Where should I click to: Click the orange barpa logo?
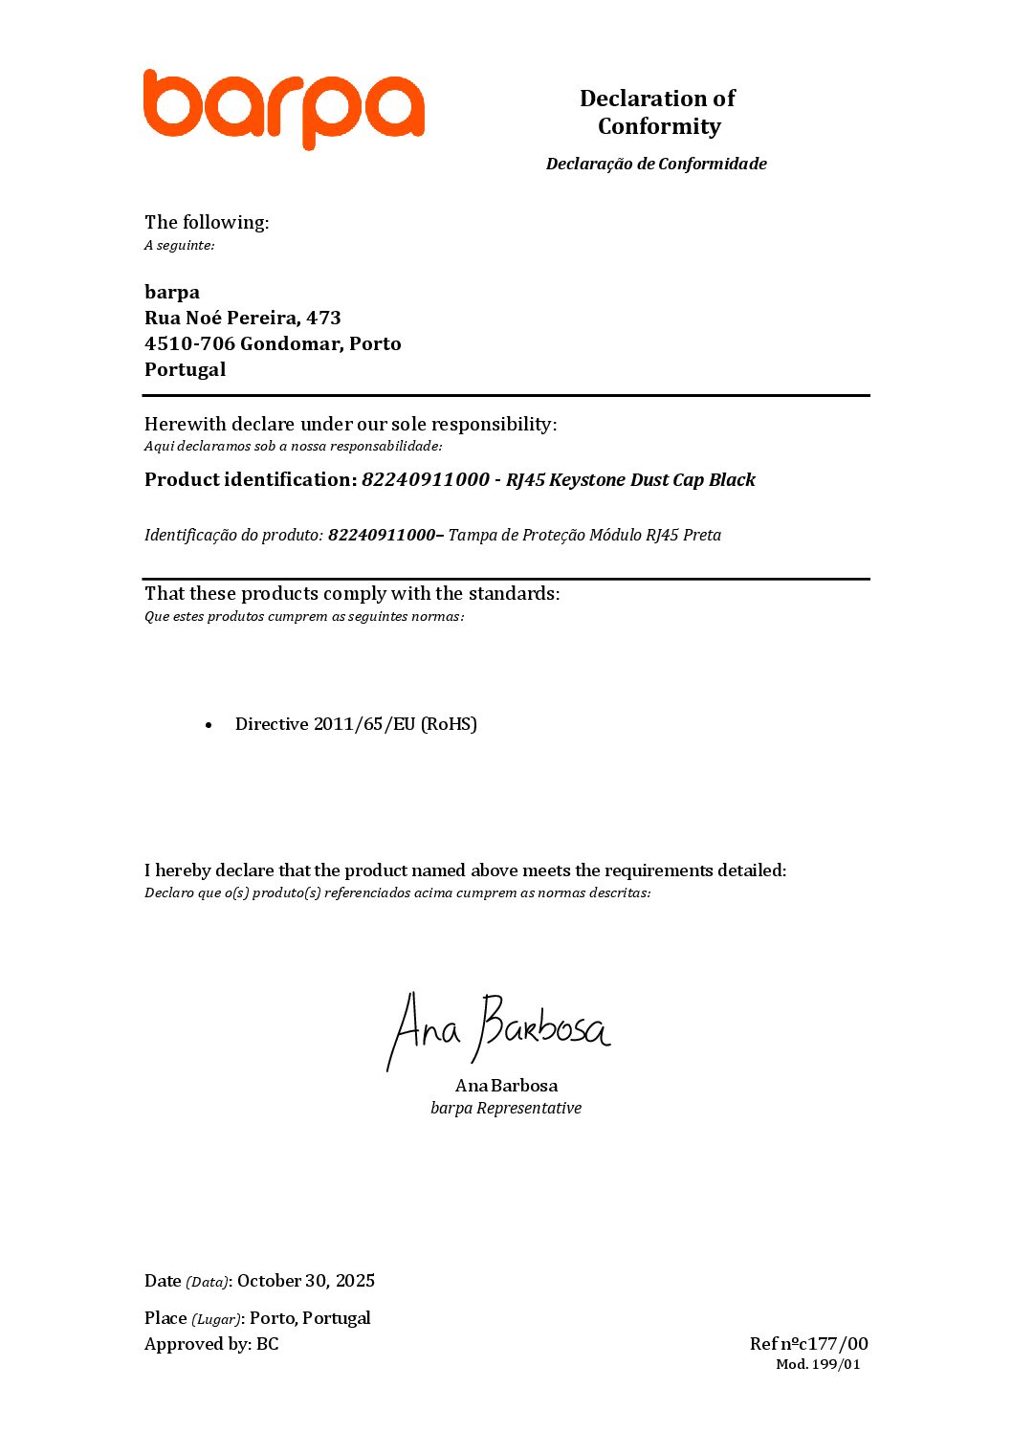click(x=283, y=107)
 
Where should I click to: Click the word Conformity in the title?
click(x=659, y=126)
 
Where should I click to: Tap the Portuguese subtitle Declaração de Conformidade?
click(x=656, y=164)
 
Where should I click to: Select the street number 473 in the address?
click(x=323, y=318)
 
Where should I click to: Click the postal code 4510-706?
click(x=189, y=343)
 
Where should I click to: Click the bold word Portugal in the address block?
click(x=185, y=369)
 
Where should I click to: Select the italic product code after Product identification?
click(x=425, y=479)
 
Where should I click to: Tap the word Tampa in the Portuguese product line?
click(x=471, y=535)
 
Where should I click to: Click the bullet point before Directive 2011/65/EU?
click(x=209, y=725)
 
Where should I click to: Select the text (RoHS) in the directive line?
click(x=449, y=724)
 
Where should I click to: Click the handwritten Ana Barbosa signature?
click(x=498, y=1030)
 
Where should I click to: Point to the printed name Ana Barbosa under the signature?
click(x=506, y=1086)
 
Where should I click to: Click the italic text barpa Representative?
click(x=505, y=1108)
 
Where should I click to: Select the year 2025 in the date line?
click(x=355, y=1281)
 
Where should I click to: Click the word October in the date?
click(x=269, y=1281)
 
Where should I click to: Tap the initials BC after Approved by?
click(x=268, y=1344)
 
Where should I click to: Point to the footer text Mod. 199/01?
click(x=818, y=1364)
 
